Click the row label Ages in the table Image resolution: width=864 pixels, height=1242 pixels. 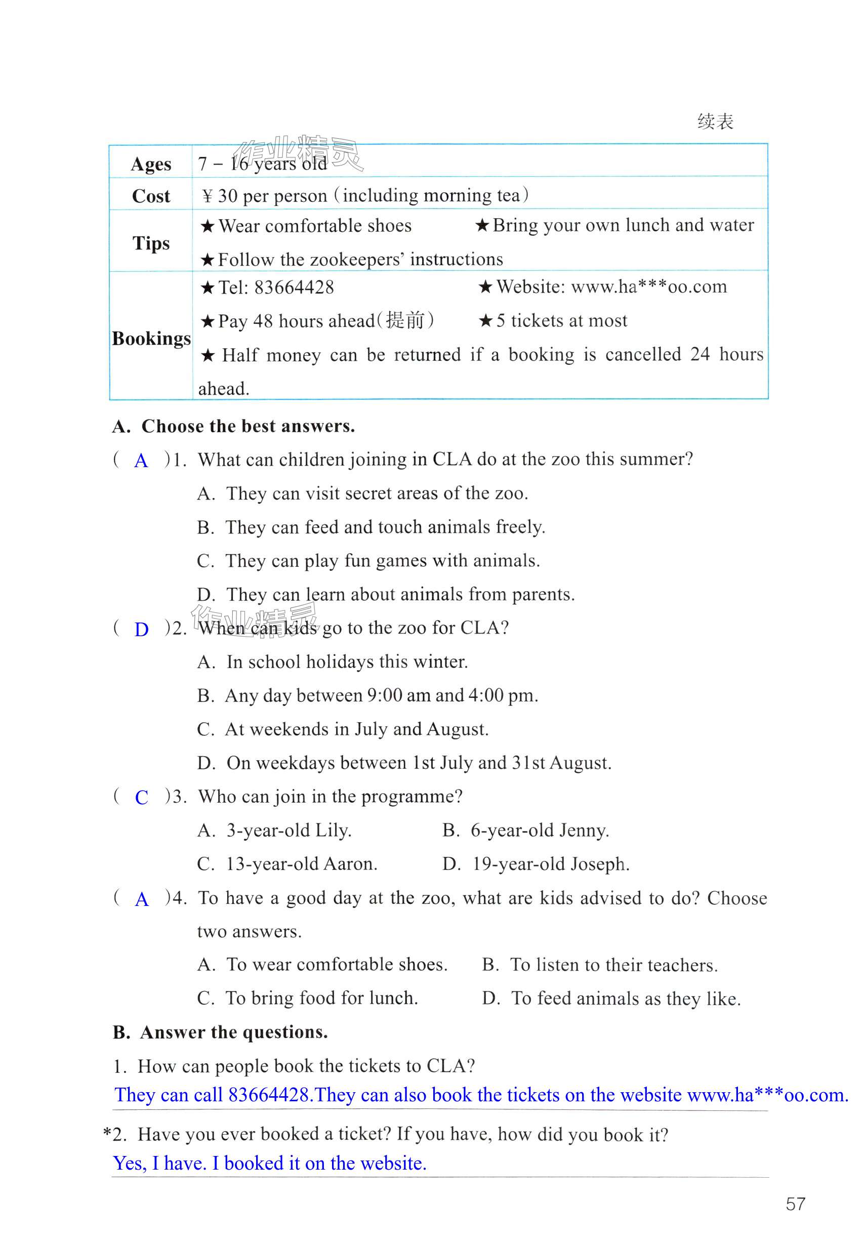pyautogui.click(x=151, y=164)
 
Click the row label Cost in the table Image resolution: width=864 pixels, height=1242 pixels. pyautogui.click(x=151, y=196)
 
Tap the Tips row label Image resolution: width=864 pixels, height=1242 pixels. pyautogui.click(x=151, y=243)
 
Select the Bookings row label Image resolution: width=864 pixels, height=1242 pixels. pyautogui.click(x=151, y=339)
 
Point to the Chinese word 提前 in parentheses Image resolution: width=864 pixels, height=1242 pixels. pyautogui.click(x=405, y=320)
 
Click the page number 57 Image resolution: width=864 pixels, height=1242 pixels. pyautogui.click(x=795, y=1204)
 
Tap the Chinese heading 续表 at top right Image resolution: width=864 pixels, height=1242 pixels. pyautogui.click(x=715, y=121)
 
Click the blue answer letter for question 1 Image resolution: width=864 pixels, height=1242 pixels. pyautogui.click(x=141, y=461)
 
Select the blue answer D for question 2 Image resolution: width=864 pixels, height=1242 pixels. pyautogui.click(x=141, y=630)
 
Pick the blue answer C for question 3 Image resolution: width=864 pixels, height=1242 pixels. pyautogui.click(x=141, y=797)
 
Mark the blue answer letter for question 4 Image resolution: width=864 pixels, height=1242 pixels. pyautogui.click(x=141, y=899)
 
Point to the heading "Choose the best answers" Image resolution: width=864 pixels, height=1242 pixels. pyautogui.click(x=248, y=426)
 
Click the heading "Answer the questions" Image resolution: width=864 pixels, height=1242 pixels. pyautogui.click(x=234, y=1032)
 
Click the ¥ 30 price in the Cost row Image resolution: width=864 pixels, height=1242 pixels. pyautogui.click(x=220, y=196)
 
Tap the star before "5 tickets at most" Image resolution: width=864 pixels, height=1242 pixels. pyautogui.click(x=485, y=321)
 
